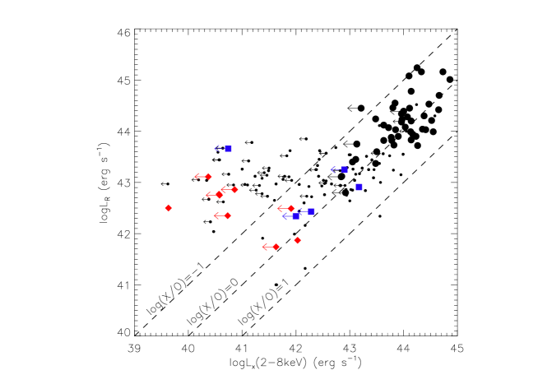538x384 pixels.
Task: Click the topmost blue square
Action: tap(228, 149)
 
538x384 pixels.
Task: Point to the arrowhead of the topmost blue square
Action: tap(215, 148)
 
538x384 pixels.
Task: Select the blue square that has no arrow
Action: tap(359, 187)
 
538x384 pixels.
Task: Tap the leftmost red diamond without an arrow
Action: tap(169, 208)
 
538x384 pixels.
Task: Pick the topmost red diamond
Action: tap(208, 176)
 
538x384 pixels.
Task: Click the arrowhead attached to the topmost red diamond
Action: tap(195, 176)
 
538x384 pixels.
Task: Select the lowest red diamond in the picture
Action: tap(276, 247)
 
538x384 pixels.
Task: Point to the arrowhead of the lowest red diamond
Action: tap(263, 247)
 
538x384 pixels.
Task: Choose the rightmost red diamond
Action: tap(298, 240)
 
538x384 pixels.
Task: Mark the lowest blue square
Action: tap(295, 216)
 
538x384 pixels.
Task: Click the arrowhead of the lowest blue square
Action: tap(282, 216)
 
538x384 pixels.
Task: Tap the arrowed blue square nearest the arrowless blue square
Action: tap(344, 169)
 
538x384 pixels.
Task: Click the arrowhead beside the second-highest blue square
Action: tap(332, 169)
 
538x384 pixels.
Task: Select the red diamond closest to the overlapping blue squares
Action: tap(291, 208)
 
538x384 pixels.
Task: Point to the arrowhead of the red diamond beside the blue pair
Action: tap(278, 208)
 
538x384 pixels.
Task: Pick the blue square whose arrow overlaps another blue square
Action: tap(311, 211)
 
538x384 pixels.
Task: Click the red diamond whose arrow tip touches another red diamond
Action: tap(234, 189)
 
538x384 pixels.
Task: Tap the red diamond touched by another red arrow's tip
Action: tap(220, 195)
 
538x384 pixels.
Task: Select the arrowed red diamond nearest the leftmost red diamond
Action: tap(220, 195)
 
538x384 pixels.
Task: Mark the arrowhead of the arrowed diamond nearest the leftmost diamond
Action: tap(206, 195)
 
